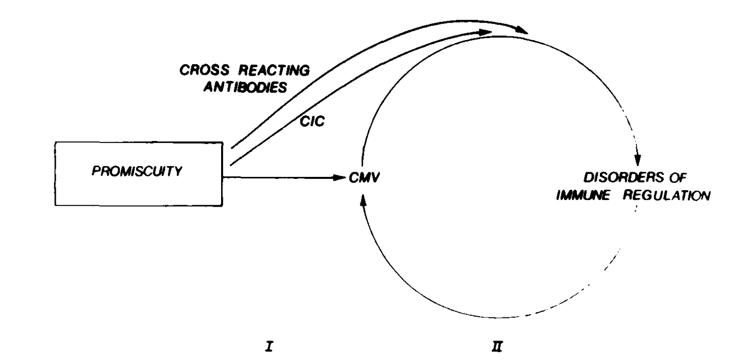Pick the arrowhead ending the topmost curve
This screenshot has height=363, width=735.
pos(522,32)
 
